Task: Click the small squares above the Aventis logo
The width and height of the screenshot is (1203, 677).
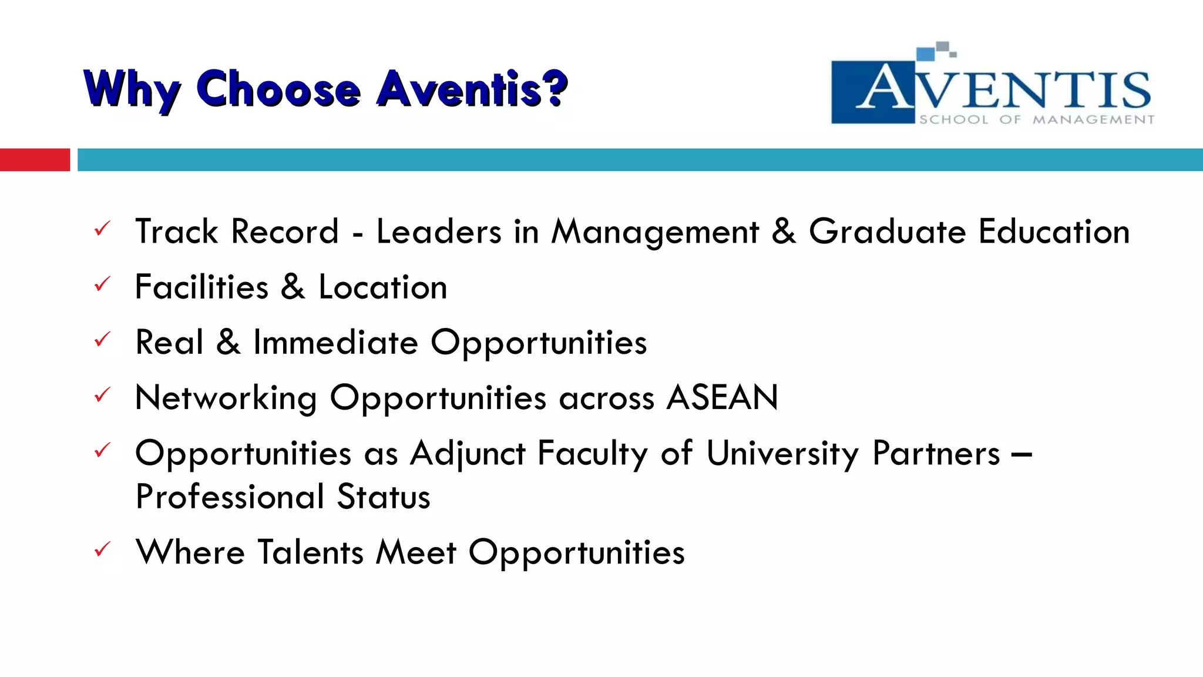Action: tap(936, 51)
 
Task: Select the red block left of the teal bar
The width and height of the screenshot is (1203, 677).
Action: tap(35, 160)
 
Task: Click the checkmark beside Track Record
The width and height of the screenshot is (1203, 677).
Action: tap(102, 229)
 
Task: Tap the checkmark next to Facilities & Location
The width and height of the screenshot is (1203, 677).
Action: tap(102, 284)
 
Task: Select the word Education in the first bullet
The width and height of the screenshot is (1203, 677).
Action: tap(1054, 232)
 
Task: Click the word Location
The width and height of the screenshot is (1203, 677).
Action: tap(382, 287)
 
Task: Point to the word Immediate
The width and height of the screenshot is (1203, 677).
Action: tap(335, 343)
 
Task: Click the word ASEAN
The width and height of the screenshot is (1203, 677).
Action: tap(723, 398)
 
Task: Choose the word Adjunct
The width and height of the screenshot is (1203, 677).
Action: tap(468, 454)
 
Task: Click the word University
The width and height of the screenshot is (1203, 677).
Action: tap(782, 454)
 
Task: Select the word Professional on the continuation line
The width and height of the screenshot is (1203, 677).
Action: tap(229, 497)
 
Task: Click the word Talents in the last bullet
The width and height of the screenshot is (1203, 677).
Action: tap(311, 552)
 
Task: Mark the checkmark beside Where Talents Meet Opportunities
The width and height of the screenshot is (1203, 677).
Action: tap(102, 550)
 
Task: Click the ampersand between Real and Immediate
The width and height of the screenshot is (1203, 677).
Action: tap(228, 343)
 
